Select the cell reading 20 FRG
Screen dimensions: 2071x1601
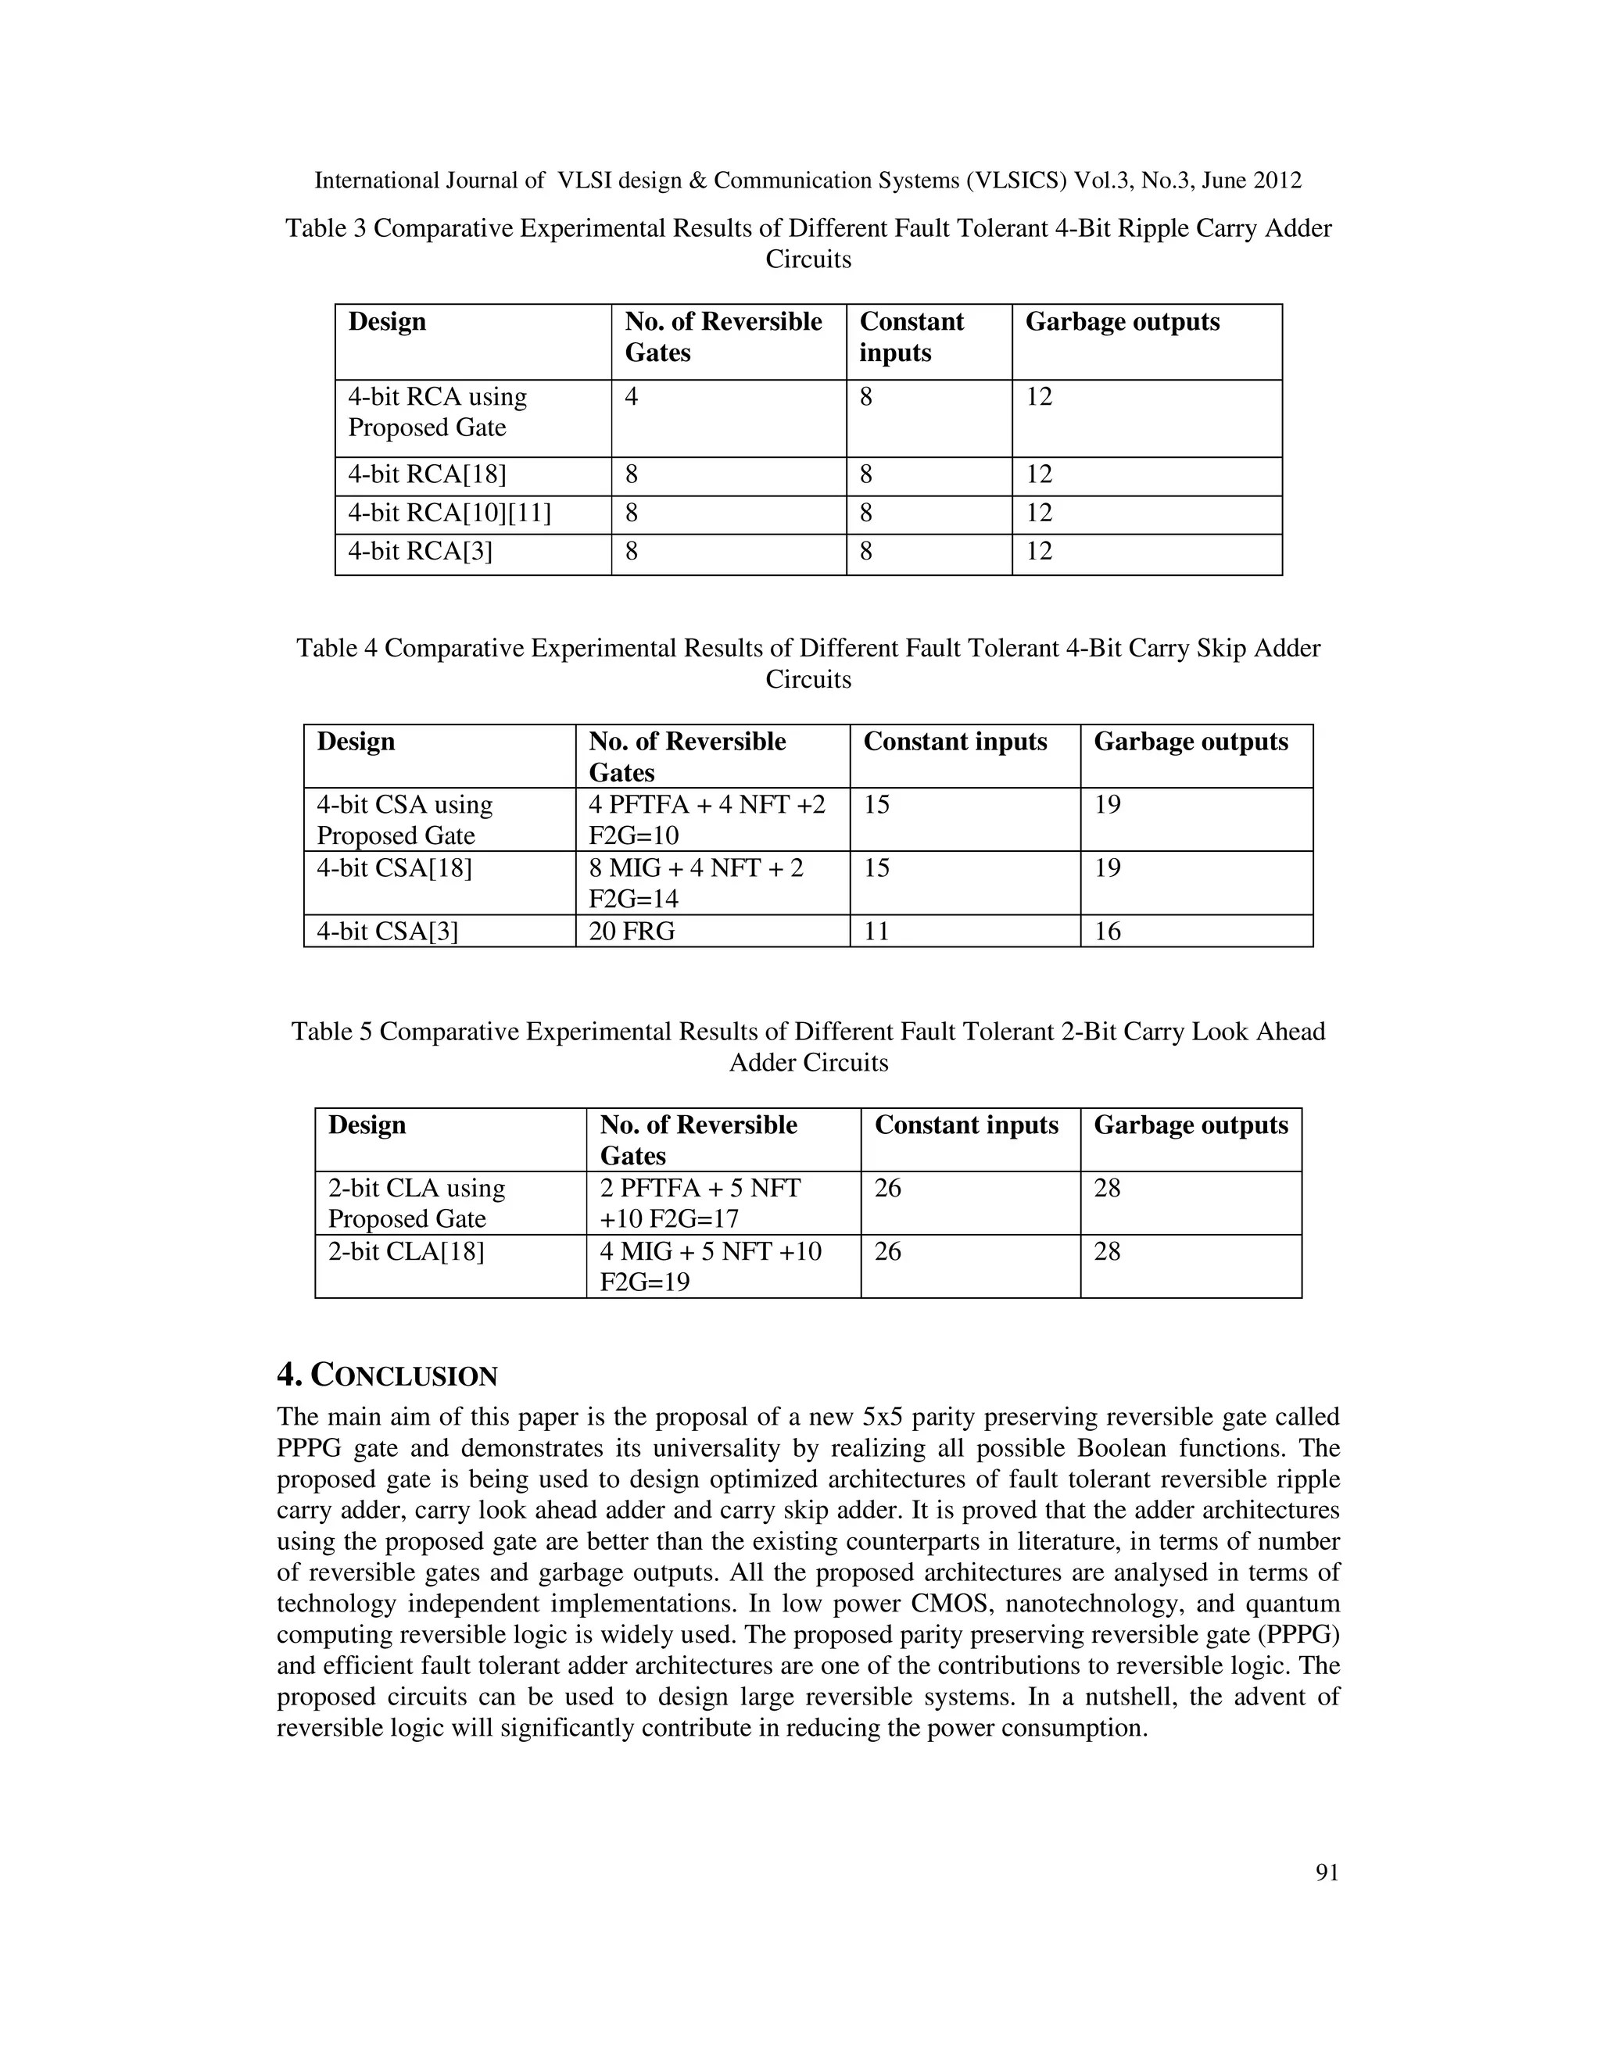pos(632,932)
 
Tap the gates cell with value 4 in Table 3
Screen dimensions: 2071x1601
pos(632,396)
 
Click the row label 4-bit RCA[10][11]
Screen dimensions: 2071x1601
pos(449,513)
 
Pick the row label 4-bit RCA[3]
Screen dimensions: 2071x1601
pos(420,551)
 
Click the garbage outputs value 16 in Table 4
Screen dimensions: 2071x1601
pos(1108,932)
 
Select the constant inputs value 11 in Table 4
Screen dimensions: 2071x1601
pos(876,932)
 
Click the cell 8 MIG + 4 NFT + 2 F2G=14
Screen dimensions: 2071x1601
pos(697,883)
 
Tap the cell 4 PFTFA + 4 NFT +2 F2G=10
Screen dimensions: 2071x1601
pos(707,819)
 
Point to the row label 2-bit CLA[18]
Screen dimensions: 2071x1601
pos(406,1252)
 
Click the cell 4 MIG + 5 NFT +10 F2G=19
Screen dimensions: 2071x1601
pos(711,1266)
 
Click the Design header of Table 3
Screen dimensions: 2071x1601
pos(387,321)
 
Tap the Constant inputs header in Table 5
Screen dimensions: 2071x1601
pos(965,1125)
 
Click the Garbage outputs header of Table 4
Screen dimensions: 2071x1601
pos(1191,742)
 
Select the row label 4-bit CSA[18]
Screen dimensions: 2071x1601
pos(394,867)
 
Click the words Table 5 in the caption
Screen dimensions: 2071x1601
pos(331,1031)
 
